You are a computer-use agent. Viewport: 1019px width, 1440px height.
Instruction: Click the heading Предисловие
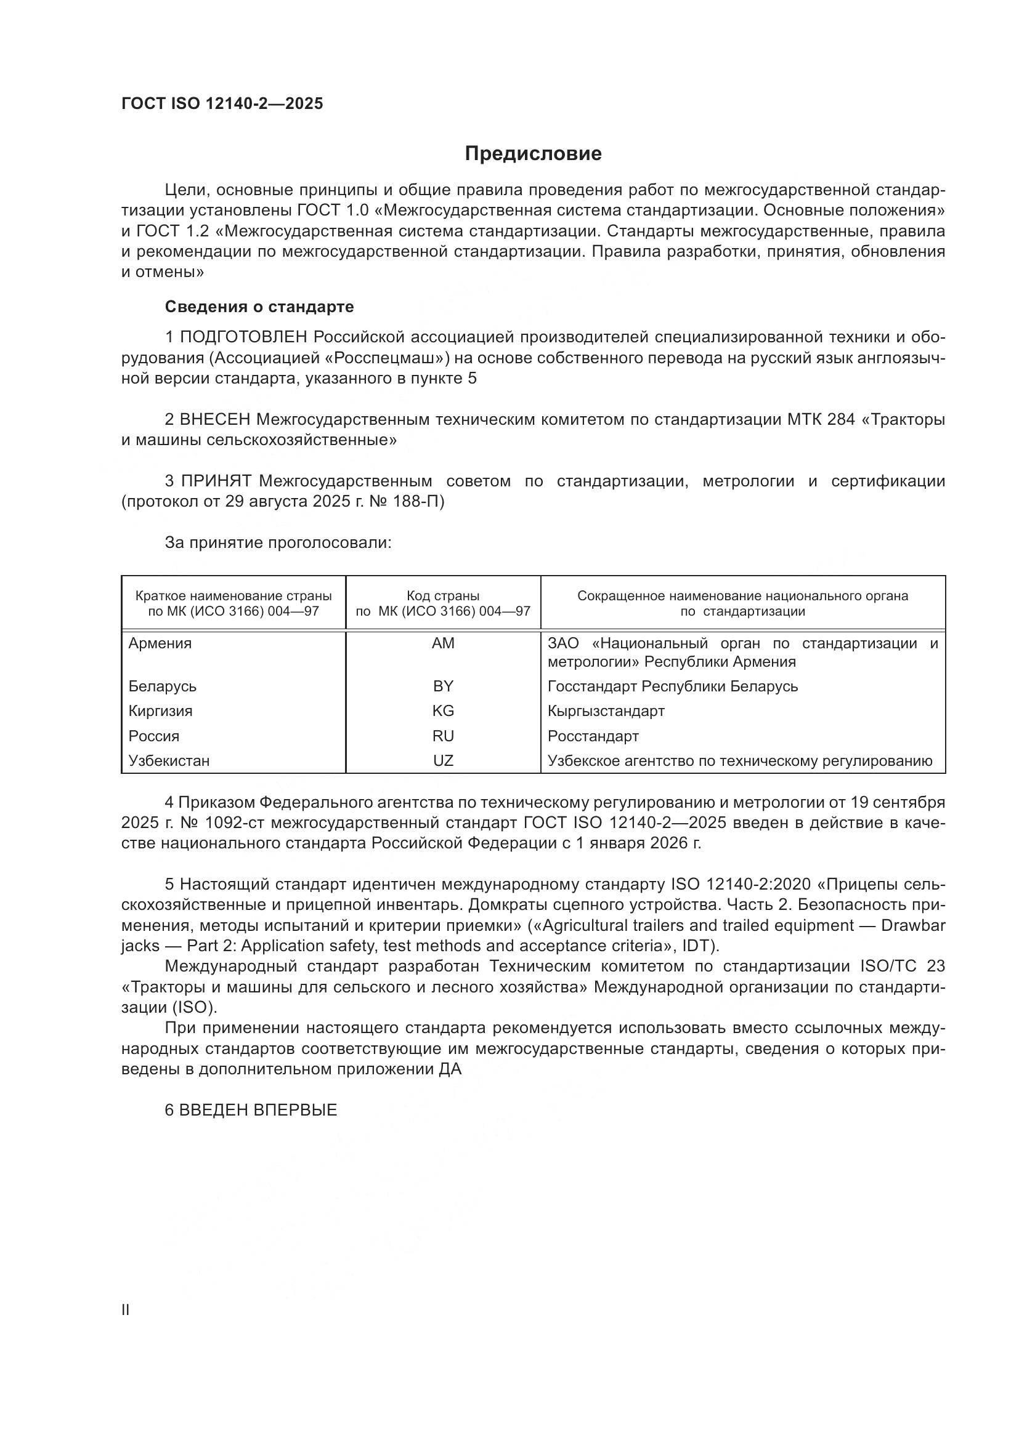pyautogui.click(x=533, y=154)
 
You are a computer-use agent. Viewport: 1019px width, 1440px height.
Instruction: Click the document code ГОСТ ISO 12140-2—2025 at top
pyautogui.click(x=222, y=103)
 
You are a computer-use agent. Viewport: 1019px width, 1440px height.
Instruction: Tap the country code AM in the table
pyautogui.click(x=443, y=643)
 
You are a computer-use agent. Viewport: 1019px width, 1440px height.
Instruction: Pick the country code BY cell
pyautogui.click(x=443, y=686)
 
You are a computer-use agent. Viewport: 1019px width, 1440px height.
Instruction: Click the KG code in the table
pyautogui.click(x=443, y=710)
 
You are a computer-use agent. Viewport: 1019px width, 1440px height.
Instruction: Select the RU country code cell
pyautogui.click(x=443, y=736)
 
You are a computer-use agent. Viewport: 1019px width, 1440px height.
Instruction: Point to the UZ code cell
pyautogui.click(x=443, y=760)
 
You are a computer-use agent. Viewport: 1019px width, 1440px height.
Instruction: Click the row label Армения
pyautogui.click(x=160, y=643)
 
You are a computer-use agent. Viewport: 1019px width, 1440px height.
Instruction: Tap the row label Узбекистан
pyautogui.click(x=169, y=761)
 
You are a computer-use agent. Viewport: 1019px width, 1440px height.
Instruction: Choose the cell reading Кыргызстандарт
pyautogui.click(x=606, y=711)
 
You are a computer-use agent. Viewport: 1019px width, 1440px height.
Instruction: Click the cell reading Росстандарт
pyautogui.click(x=593, y=736)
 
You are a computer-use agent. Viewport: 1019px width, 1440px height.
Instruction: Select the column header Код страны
pyautogui.click(x=443, y=596)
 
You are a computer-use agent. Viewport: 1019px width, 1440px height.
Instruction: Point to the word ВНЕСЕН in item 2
pyautogui.click(x=215, y=420)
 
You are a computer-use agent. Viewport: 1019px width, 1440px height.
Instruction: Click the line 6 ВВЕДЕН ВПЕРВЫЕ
pyautogui.click(x=251, y=1110)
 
